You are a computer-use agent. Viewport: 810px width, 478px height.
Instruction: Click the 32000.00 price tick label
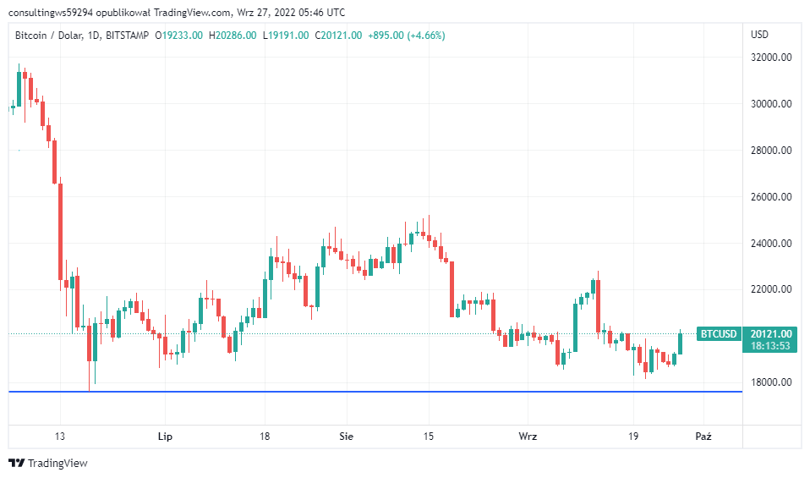[x=773, y=58]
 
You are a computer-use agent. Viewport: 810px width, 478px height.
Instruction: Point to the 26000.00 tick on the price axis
[x=773, y=197]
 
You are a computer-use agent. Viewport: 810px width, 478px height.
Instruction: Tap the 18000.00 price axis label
[x=773, y=382]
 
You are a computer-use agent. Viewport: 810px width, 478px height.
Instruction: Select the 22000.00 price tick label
[x=773, y=289]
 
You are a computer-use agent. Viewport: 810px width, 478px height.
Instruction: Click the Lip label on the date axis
[x=165, y=437]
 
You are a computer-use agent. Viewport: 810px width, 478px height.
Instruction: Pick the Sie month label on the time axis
[x=346, y=437]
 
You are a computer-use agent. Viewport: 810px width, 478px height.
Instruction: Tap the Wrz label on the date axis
[x=528, y=437]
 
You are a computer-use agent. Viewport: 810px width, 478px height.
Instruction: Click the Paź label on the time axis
[x=703, y=437]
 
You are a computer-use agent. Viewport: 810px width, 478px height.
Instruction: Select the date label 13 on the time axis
[x=58, y=437]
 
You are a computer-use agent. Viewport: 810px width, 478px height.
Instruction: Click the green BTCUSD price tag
[x=718, y=333]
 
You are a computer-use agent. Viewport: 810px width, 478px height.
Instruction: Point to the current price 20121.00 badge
[x=770, y=333]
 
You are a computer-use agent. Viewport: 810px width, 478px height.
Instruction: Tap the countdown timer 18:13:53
[x=770, y=345]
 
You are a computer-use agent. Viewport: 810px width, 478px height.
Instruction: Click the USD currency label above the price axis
[x=759, y=35]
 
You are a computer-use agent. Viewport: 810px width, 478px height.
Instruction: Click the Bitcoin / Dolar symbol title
[x=50, y=35]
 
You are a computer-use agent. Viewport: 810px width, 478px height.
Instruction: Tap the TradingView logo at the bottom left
[x=48, y=463]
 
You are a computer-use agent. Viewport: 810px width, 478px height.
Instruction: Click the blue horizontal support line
[x=372, y=392]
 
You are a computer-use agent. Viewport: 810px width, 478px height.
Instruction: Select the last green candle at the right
[x=681, y=343]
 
